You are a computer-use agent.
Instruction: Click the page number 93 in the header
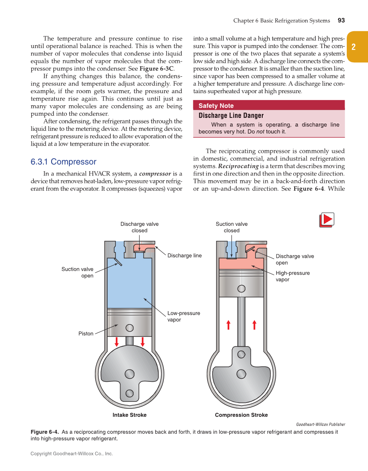coord(341,20)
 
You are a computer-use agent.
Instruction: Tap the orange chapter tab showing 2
coord(354,47)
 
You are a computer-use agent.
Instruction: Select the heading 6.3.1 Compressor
coord(63,162)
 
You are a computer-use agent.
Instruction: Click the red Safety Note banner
coord(269,105)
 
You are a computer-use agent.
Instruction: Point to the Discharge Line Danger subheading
coord(231,116)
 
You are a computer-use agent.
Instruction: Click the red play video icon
coord(327,220)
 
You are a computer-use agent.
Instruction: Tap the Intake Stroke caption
coord(130,415)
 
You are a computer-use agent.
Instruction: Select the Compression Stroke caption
coord(241,415)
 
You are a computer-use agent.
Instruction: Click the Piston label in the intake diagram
coord(86,334)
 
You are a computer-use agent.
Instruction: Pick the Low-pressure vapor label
coord(184,316)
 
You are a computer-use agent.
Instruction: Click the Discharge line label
coord(185,255)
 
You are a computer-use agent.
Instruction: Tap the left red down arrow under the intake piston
coord(117,341)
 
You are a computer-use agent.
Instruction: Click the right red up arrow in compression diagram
coord(254,325)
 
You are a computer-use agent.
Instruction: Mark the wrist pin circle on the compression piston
coord(241,289)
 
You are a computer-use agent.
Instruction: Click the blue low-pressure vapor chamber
coord(129,282)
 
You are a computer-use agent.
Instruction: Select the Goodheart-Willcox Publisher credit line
coord(320,424)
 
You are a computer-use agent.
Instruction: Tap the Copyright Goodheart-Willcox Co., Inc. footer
coord(72,454)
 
